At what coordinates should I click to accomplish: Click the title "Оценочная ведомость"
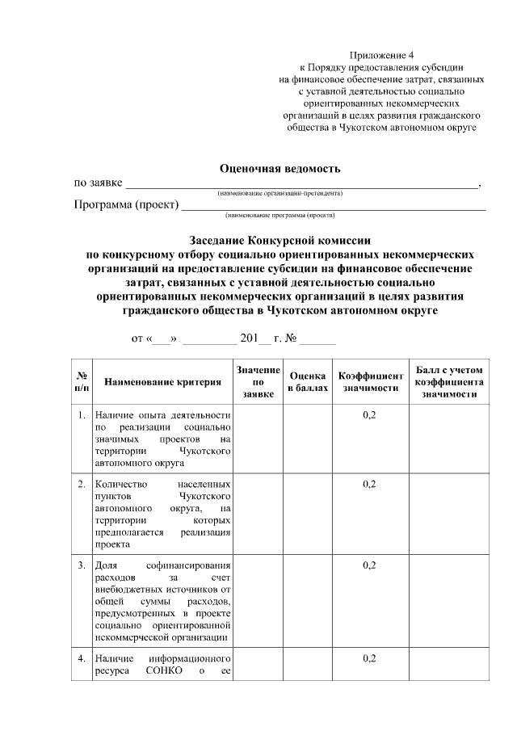tap(280, 168)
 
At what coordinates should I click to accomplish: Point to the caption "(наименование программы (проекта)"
tap(280, 216)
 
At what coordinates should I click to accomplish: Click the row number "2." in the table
tap(82, 484)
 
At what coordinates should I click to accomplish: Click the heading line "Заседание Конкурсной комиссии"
tap(280, 240)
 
